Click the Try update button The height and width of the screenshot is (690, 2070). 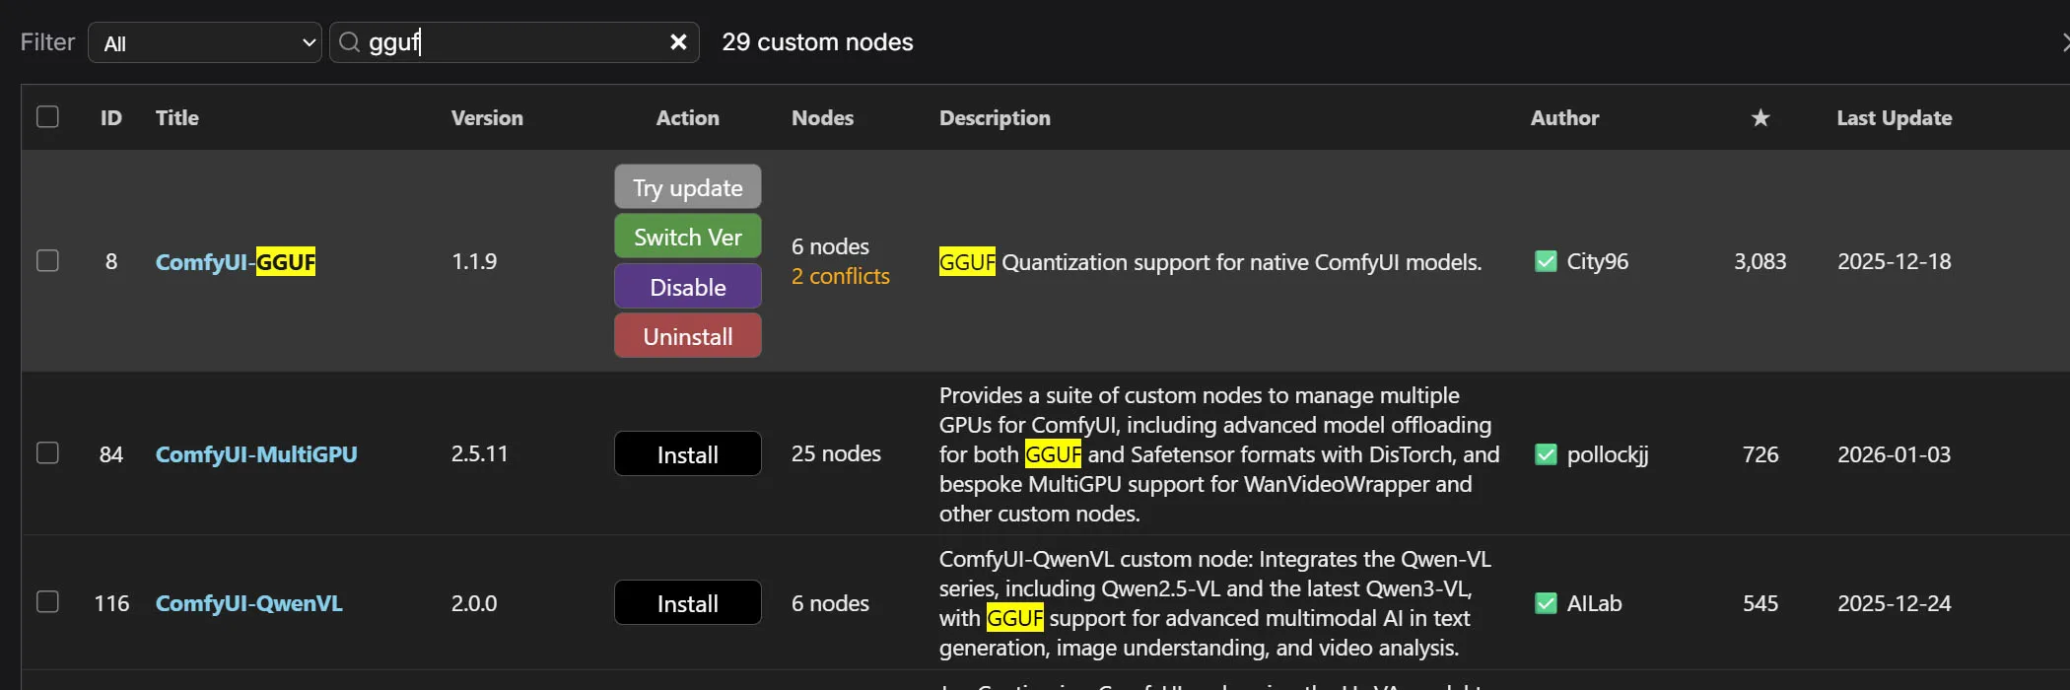click(688, 187)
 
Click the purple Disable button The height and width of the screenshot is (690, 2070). click(688, 287)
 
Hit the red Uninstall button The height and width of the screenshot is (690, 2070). click(688, 336)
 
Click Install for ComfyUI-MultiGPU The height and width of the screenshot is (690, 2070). click(688, 454)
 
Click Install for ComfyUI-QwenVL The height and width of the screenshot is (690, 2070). click(688, 603)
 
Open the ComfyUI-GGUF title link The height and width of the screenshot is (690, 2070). click(236, 262)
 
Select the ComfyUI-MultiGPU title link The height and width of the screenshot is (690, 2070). click(256, 454)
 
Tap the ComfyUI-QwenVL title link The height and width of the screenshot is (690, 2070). click(249, 603)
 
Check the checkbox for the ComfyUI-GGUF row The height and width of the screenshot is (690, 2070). click(47, 261)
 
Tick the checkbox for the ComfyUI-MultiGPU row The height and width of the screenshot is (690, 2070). click(47, 453)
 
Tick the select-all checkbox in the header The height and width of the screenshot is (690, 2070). click(47, 117)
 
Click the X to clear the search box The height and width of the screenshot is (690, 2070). click(678, 42)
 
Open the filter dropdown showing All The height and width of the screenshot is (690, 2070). click(205, 42)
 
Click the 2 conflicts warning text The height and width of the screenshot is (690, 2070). click(841, 277)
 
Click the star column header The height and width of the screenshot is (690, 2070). click(1760, 118)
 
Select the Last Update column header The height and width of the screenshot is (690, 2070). click(1895, 118)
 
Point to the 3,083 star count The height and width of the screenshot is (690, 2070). click(1760, 262)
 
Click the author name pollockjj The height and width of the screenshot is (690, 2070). click(1608, 455)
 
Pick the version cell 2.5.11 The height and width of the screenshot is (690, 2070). click(480, 454)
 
